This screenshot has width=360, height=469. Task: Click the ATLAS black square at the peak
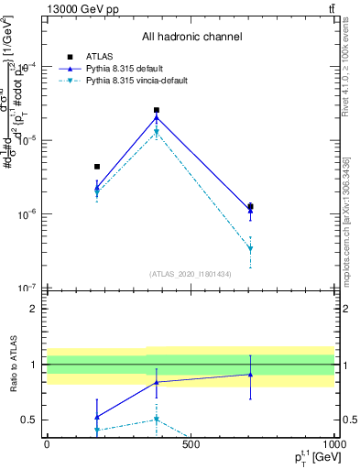pos(157,110)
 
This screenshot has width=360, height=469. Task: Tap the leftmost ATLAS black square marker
pos(96,167)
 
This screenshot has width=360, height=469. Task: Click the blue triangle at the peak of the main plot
pos(157,117)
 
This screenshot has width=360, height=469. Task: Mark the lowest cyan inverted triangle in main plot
pos(250,249)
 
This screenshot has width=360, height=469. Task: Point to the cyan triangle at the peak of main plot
pos(157,133)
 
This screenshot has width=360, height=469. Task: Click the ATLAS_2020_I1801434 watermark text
pos(190,274)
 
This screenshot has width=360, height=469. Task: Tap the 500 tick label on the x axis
pos(191,444)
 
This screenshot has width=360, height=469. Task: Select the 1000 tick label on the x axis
pos(333,444)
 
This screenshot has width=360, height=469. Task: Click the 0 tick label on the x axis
pos(47,444)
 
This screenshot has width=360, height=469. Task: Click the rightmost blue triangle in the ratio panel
pos(250,374)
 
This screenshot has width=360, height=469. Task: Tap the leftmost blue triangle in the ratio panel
pos(96,416)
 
